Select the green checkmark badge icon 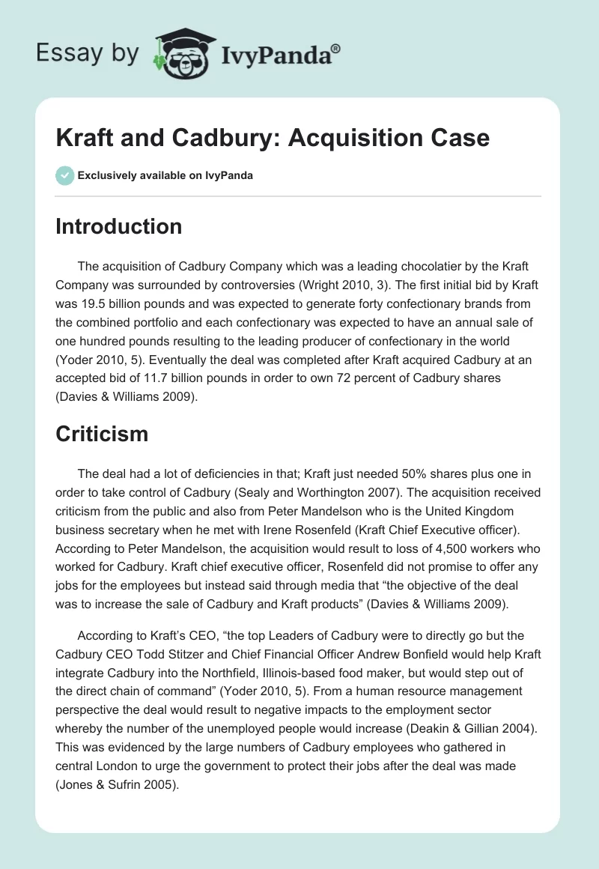point(64,175)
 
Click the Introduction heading point(118,226)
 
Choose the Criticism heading point(101,433)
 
